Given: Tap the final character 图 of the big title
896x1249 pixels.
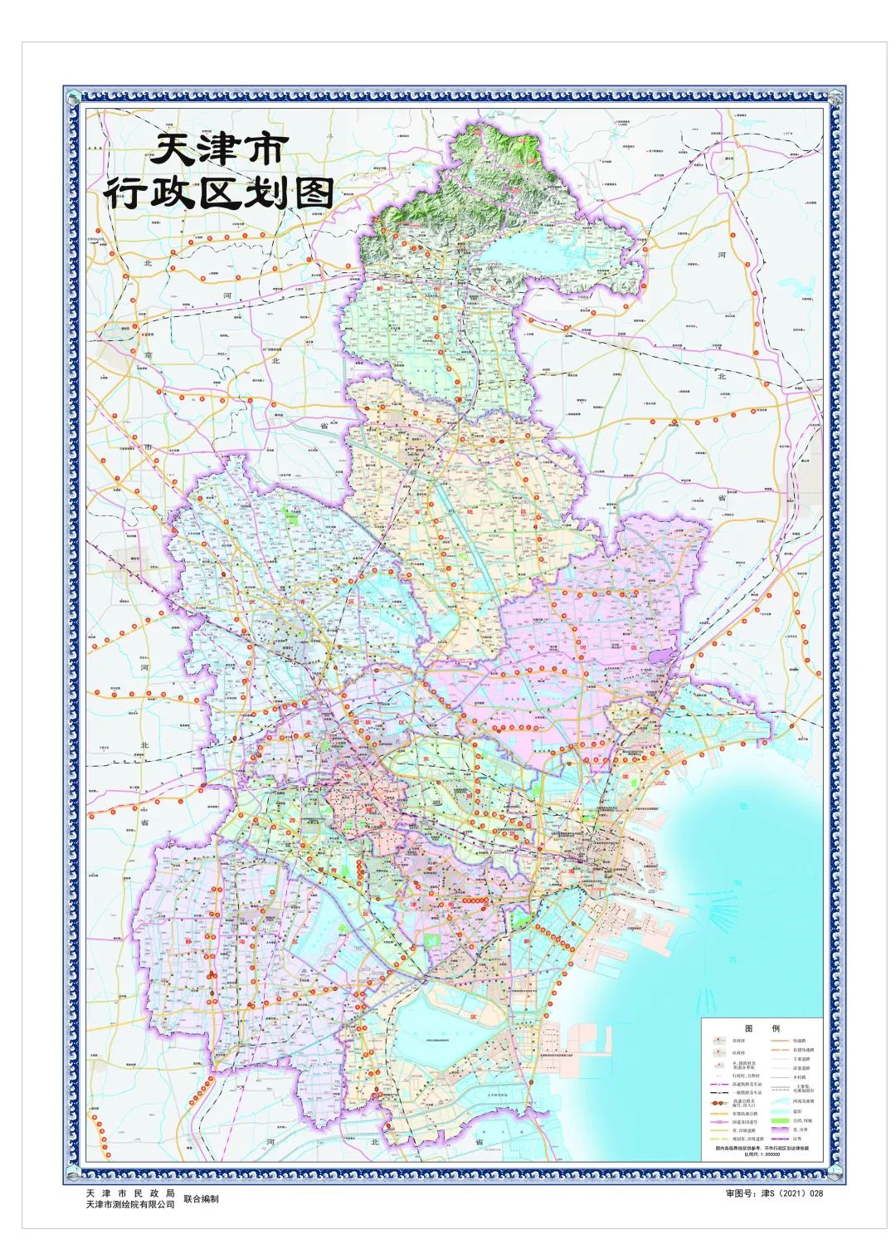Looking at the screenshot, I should pyautogui.click(x=309, y=193).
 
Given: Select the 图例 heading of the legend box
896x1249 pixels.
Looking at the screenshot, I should pyautogui.click(x=762, y=1028).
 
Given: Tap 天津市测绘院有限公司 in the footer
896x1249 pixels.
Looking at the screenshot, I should pyautogui.click(x=130, y=1204).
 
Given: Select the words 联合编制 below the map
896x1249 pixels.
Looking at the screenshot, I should pyautogui.click(x=202, y=1198).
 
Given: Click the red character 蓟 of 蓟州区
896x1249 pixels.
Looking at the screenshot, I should pyautogui.click(x=379, y=288).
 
